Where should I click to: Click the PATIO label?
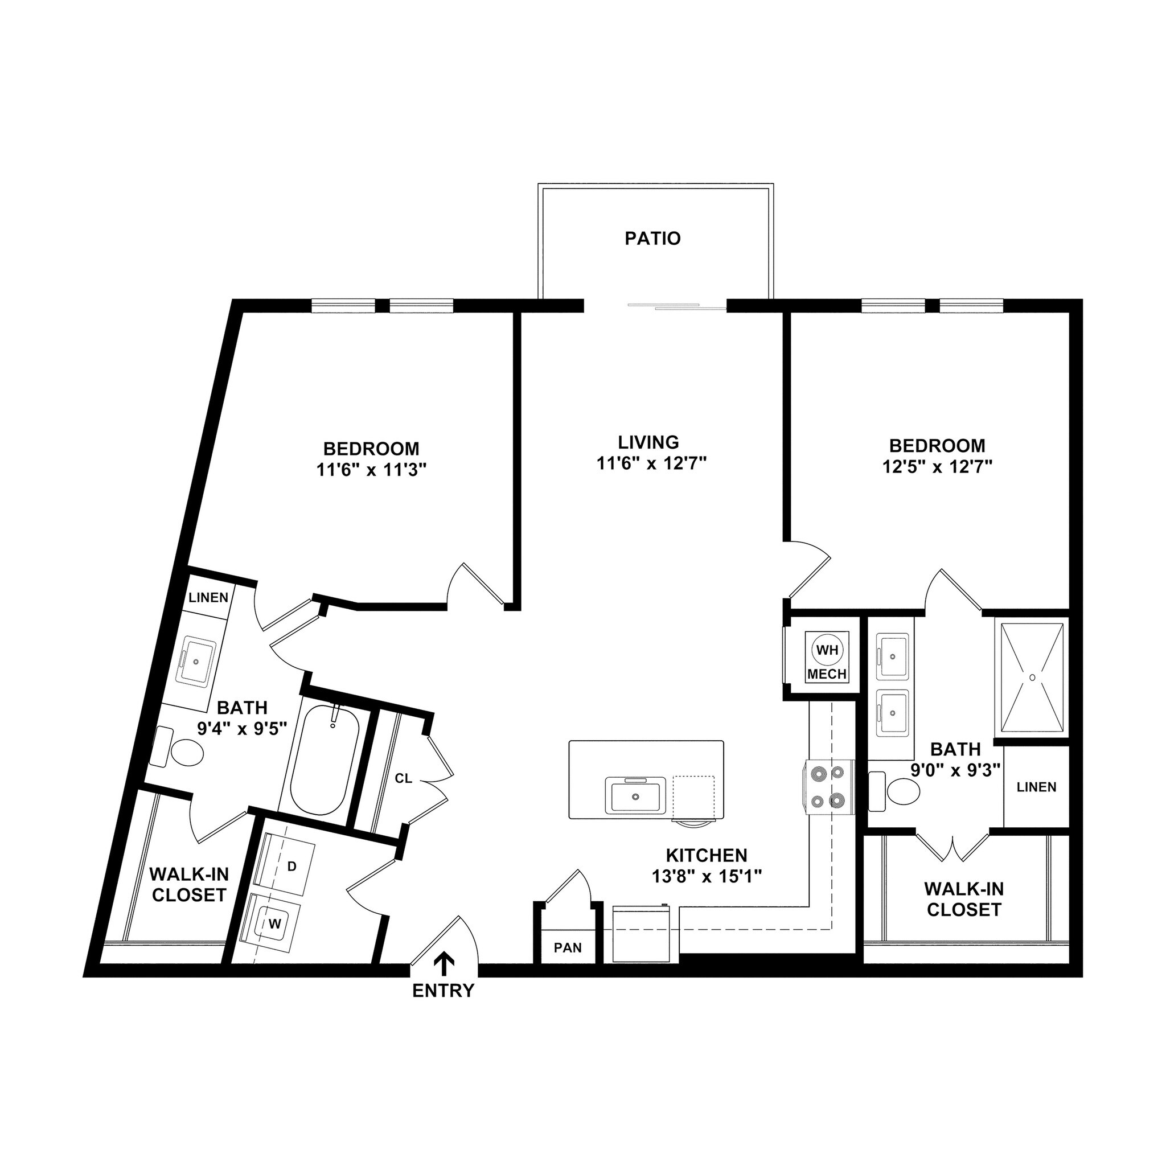point(652,239)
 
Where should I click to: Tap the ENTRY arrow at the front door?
point(445,964)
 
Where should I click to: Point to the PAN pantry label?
point(568,947)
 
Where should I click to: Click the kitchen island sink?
point(635,796)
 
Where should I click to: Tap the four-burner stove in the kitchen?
point(828,786)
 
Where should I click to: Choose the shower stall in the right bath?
point(1032,677)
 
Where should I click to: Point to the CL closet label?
point(403,778)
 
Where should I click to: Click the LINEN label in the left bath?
point(209,597)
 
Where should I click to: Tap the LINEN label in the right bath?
point(1036,787)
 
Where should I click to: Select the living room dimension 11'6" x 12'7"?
point(651,463)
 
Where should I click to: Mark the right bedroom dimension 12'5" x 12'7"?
point(937,466)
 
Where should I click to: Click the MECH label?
point(827,674)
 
